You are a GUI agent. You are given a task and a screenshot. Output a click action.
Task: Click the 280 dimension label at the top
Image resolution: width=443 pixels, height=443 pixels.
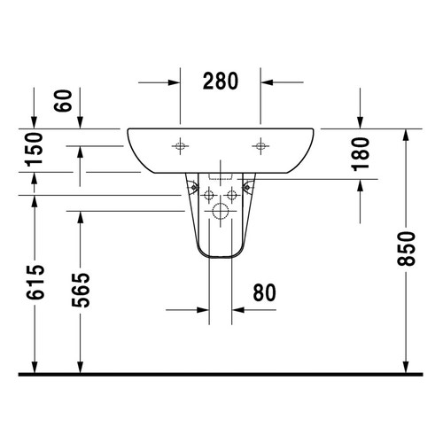coord(220,82)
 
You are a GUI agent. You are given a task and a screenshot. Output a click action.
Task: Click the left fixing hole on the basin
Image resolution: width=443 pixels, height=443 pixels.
coord(180,144)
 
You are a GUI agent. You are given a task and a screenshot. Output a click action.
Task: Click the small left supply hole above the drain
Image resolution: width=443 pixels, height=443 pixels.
coord(209,194)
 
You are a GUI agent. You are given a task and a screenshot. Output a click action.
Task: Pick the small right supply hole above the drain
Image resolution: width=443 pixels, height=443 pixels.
coord(232,194)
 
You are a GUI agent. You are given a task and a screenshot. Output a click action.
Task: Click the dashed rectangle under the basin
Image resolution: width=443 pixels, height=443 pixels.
coord(221,174)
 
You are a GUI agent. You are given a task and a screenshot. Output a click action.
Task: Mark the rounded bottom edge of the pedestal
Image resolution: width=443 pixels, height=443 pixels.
coord(221,258)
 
